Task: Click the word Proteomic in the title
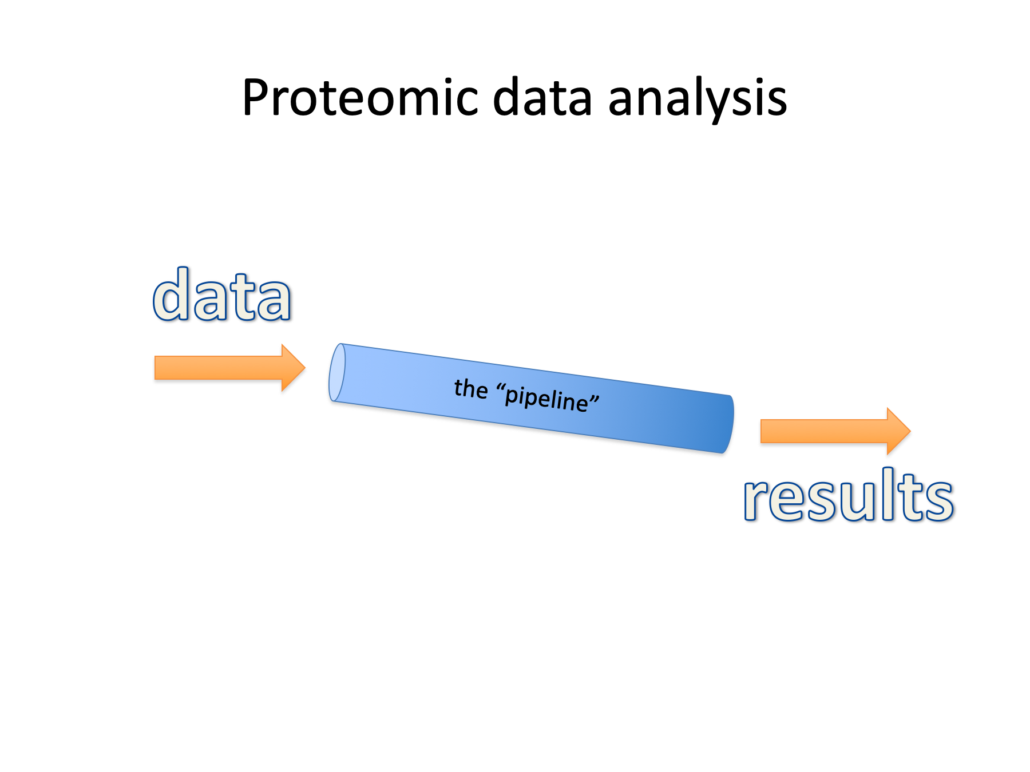click(359, 98)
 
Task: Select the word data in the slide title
click(542, 98)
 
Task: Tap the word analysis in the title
click(698, 98)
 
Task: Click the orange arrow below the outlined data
click(229, 368)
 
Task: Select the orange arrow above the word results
click(835, 431)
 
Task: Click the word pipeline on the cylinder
click(546, 398)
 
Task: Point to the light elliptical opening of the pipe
click(337, 372)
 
